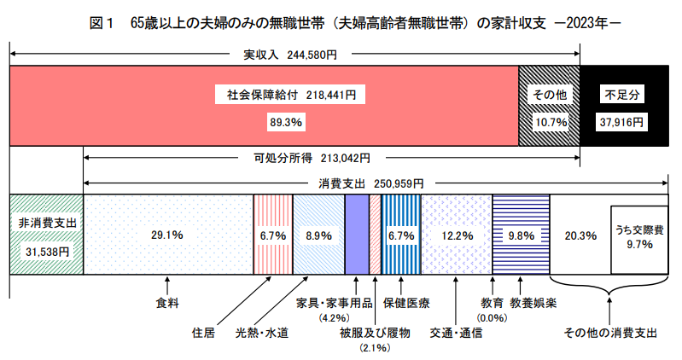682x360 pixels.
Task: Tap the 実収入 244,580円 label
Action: coord(290,54)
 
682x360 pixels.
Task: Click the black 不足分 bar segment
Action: coord(622,107)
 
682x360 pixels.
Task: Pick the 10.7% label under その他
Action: coord(550,122)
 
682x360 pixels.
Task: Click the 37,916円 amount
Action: coord(622,122)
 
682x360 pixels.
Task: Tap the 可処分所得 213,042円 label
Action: coord(312,158)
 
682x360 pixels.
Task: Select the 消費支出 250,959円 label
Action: coord(376,183)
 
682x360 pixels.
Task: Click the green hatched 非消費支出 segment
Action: coord(46,234)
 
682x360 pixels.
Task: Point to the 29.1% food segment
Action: coord(168,234)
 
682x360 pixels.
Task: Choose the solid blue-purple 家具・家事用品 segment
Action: coord(356,234)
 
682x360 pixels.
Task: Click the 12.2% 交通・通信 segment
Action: coord(456,234)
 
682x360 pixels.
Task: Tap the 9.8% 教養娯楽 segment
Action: coord(521,234)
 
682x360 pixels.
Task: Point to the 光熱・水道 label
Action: coord(262,333)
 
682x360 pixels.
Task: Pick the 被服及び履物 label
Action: coord(375,333)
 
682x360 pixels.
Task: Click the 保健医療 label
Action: coord(405,302)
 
